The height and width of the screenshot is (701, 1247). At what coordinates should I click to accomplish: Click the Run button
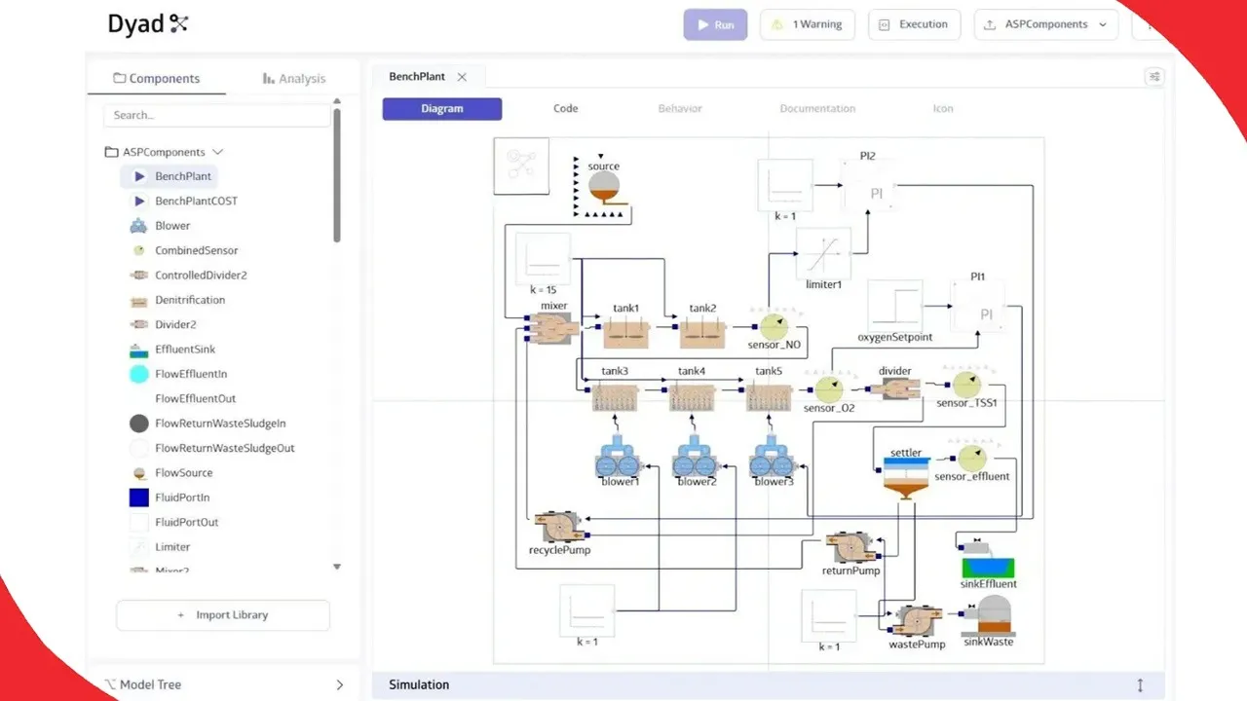pyautogui.click(x=715, y=25)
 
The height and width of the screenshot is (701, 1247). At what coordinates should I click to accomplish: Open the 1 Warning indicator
pyautogui.click(x=807, y=25)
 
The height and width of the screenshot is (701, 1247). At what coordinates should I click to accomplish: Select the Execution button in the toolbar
pyautogui.click(x=914, y=25)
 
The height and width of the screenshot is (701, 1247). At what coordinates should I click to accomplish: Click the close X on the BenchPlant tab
pyautogui.click(x=462, y=77)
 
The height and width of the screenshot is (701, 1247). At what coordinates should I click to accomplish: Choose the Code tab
pyautogui.click(x=565, y=109)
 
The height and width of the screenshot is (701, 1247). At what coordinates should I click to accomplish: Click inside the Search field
pyautogui.click(x=216, y=115)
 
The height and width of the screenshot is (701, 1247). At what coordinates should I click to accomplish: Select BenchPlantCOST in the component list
pyautogui.click(x=196, y=202)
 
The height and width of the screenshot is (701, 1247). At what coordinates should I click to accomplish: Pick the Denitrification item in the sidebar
pyautogui.click(x=190, y=300)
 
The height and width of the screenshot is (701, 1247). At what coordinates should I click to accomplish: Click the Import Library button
pyautogui.click(x=223, y=615)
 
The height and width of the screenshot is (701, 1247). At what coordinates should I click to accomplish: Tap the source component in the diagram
pyautogui.click(x=604, y=184)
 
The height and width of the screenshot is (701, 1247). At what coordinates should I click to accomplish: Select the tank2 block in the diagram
pyautogui.click(x=702, y=331)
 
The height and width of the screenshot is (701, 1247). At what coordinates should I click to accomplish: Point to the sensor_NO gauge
pyautogui.click(x=774, y=326)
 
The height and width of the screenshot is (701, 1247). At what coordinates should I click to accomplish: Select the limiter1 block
pyautogui.click(x=823, y=254)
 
